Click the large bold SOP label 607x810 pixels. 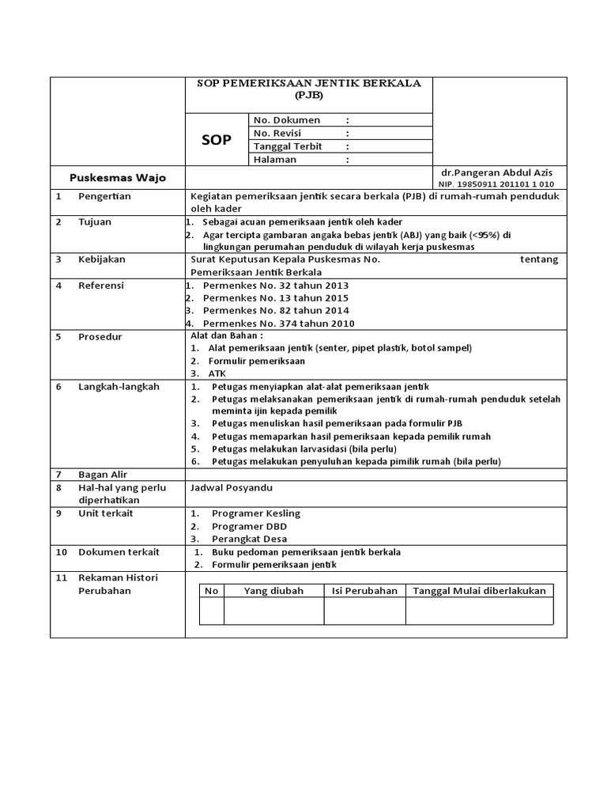click(216, 139)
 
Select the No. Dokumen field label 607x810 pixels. click(287, 120)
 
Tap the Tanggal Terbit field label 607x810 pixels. click(288, 146)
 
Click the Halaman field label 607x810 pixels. click(274, 159)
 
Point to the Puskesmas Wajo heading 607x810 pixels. click(118, 177)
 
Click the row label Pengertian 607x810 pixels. click(104, 196)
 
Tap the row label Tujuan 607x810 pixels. click(95, 221)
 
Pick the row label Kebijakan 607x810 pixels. click(101, 259)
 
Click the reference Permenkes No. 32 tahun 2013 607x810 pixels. click(275, 286)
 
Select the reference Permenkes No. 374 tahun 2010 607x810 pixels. click(278, 324)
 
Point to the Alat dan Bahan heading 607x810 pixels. click(227, 335)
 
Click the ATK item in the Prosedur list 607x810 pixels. click(217, 373)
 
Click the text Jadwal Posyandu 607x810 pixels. click(231, 488)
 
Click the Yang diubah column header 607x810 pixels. click(273, 591)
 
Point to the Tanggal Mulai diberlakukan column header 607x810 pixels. click(479, 591)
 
